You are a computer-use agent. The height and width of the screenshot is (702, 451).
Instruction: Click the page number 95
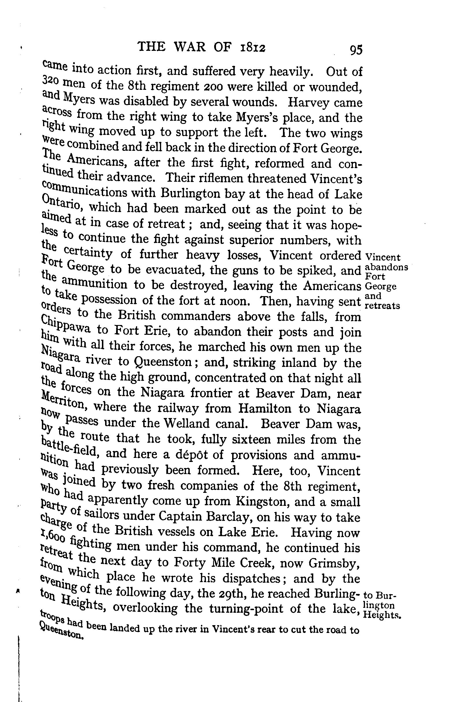tap(355, 49)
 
